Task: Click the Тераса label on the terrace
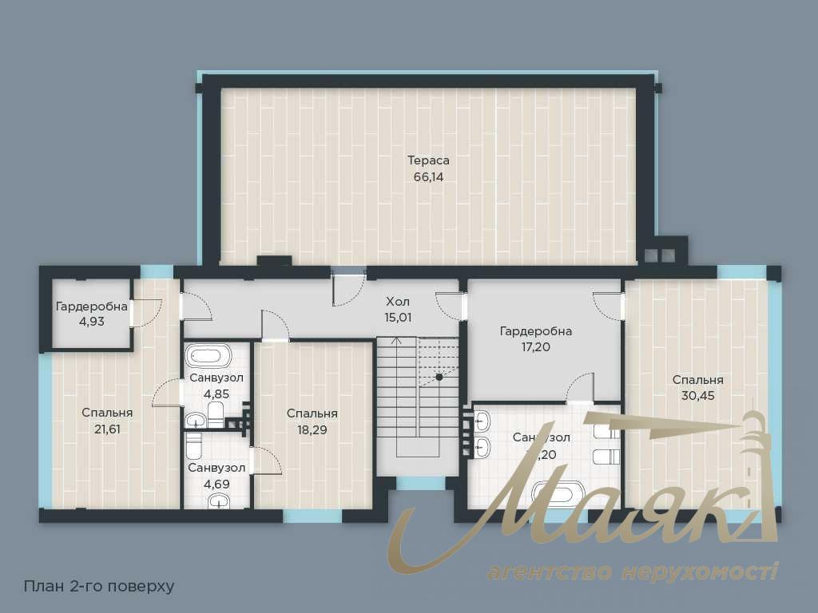[428, 160]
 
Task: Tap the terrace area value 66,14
[428, 177]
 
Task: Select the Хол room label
[398, 301]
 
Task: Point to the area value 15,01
[398, 317]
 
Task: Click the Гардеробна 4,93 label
[91, 306]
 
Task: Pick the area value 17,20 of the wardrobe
[536, 347]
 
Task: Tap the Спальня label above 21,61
[107, 413]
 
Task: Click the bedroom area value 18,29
[312, 429]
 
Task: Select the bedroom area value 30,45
[697, 396]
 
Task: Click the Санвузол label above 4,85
[216, 378]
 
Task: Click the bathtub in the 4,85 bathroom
[208, 355]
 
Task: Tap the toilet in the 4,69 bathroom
[217, 501]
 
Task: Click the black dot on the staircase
[439, 376]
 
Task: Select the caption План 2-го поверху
[99, 587]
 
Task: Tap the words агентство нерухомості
[631, 571]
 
